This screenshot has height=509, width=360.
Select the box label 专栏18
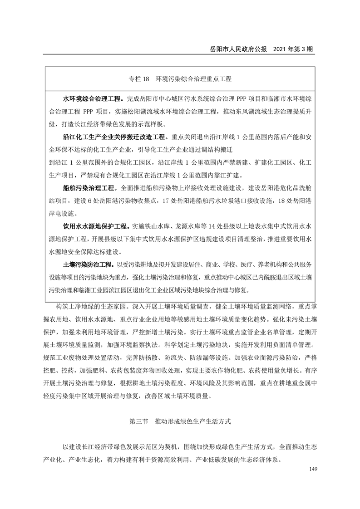139,79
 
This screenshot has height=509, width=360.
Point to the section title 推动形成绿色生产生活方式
193,421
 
